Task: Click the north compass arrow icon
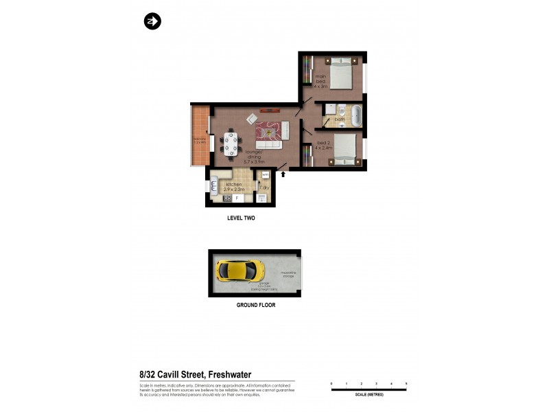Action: (x=152, y=22)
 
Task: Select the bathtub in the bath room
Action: (x=355, y=115)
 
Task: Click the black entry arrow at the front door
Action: (x=282, y=175)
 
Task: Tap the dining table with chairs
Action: (x=231, y=143)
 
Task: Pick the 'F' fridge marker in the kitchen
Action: (x=237, y=198)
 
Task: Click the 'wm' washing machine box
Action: (x=265, y=176)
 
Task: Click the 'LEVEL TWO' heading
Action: (x=241, y=218)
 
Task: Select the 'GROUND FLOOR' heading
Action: (x=255, y=305)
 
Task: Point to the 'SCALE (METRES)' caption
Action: (x=369, y=396)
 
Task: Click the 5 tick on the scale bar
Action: (x=406, y=383)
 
